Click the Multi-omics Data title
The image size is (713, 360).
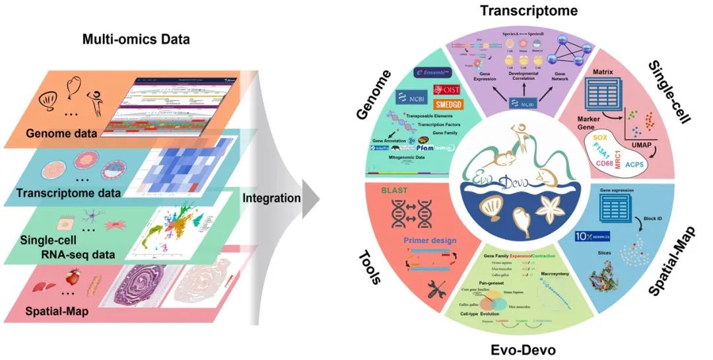tap(135, 39)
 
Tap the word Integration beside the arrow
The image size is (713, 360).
tap(271, 198)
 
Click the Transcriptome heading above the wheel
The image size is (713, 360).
tap(528, 11)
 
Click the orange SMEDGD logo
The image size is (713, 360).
tap(451, 104)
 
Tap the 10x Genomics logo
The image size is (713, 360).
tap(592, 236)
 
